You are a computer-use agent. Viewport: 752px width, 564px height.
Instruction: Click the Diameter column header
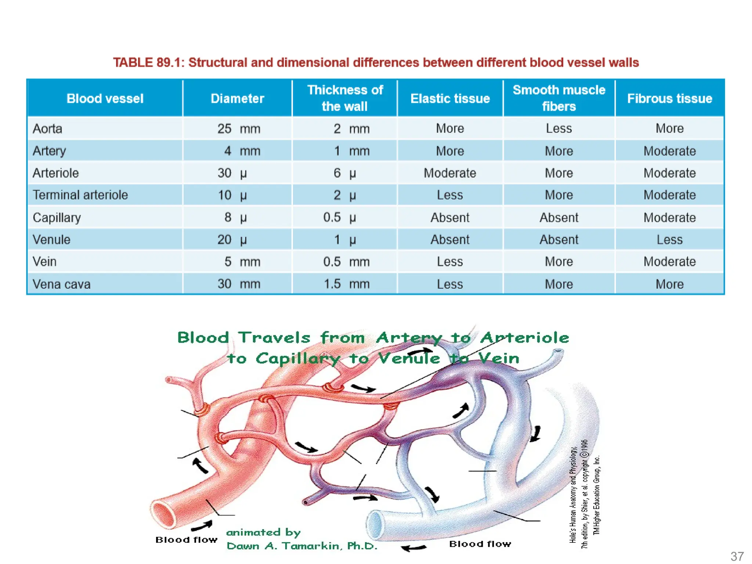coord(237,98)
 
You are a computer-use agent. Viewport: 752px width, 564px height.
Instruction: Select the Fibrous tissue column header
coord(669,98)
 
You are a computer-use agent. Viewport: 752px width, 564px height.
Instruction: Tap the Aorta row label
coord(47,129)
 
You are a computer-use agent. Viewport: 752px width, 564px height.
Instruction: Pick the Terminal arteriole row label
coord(80,195)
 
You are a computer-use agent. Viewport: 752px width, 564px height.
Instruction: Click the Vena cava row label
coord(61,284)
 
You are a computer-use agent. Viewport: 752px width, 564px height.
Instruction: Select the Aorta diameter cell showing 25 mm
coord(238,129)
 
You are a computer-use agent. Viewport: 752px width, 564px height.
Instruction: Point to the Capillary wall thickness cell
coord(340,217)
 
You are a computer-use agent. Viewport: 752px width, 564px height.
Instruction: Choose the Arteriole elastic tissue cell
coord(450,173)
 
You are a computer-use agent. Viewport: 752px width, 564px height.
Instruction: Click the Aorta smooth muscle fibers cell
coord(558,129)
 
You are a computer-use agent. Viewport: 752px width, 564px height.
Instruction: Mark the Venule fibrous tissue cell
coord(669,240)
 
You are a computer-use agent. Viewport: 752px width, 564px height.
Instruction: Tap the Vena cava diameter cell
coord(238,284)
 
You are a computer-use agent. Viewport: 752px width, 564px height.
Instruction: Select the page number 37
coord(737,556)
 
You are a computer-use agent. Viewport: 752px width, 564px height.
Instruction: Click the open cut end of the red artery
coord(163,514)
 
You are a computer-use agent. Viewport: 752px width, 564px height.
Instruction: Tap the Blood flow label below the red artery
coord(186,540)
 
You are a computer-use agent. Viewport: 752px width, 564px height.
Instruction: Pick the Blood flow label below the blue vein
coord(480,544)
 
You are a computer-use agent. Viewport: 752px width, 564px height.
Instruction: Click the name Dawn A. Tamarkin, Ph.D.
coord(302,546)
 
